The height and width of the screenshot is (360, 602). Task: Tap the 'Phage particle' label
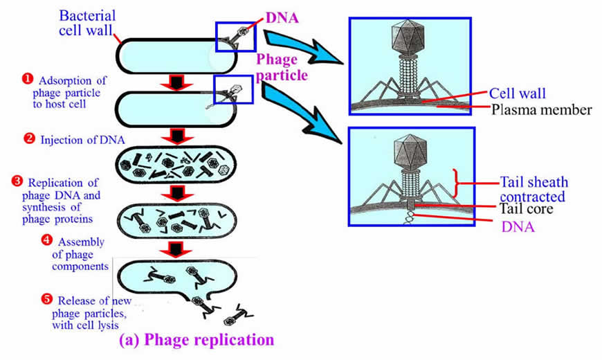280,67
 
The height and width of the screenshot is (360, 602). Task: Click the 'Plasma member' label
541,109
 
